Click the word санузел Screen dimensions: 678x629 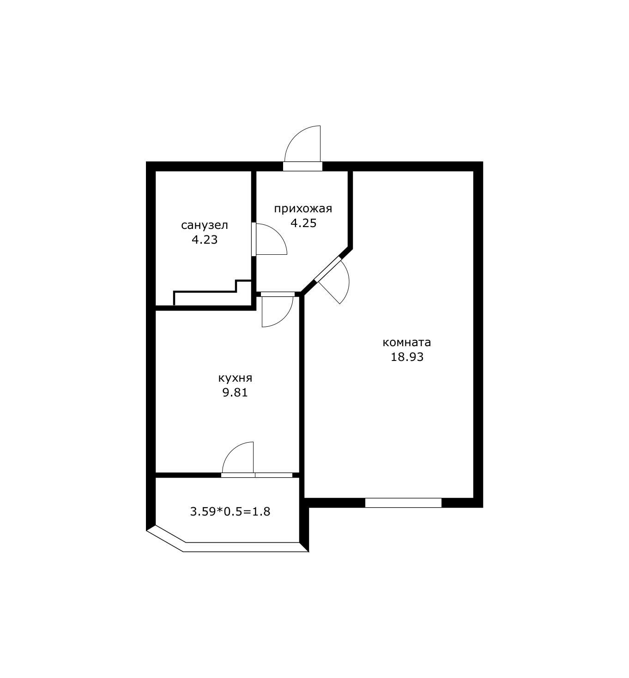point(204,225)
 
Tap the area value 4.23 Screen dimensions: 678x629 point(204,240)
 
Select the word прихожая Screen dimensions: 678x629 point(303,209)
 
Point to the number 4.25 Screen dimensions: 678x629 point(303,223)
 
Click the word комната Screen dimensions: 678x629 point(407,342)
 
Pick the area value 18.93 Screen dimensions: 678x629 point(407,357)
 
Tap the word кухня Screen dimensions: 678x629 point(235,378)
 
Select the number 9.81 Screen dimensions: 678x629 point(235,393)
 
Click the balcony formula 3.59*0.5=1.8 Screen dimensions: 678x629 point(230,511)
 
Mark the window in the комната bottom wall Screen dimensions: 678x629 point(403,503)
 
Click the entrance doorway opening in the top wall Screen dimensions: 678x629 point(302,166)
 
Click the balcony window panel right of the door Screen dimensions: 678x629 point(274,475)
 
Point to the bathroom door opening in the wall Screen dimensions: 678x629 point(254,239)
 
